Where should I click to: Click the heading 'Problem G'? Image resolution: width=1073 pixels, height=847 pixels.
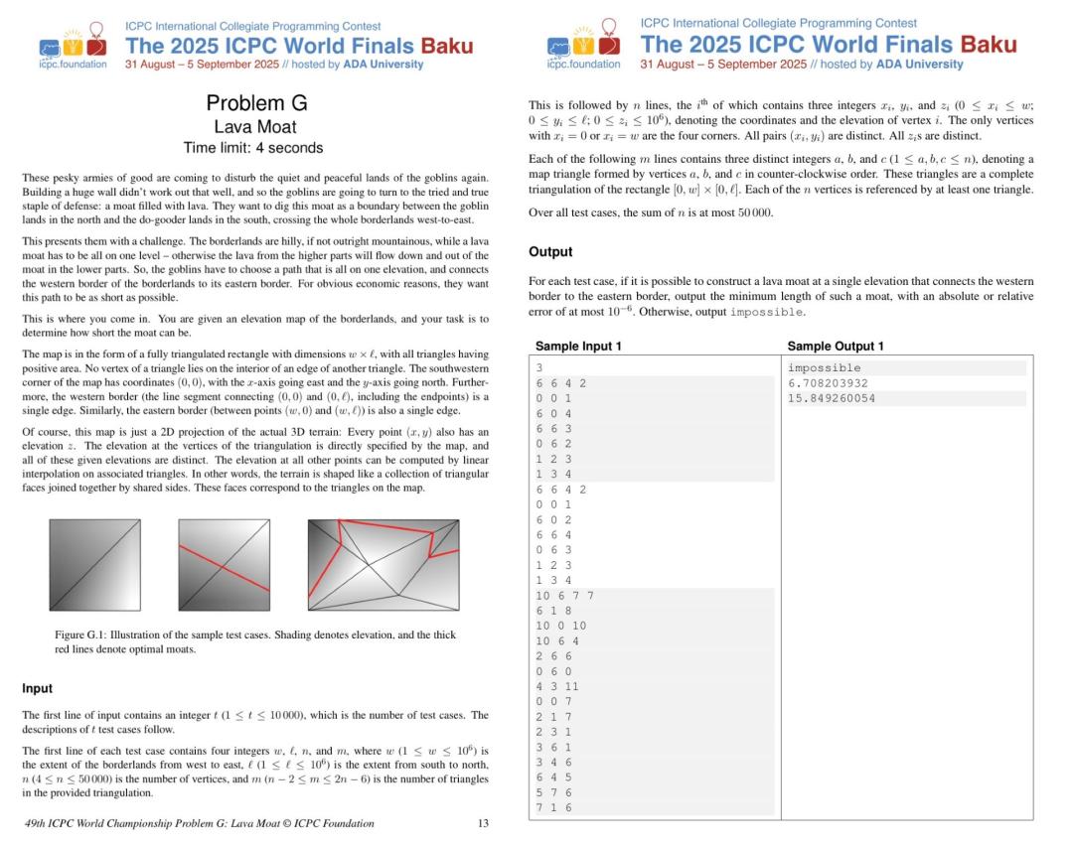tap(256, 103)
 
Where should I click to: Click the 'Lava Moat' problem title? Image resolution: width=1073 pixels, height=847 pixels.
tap(255, 126)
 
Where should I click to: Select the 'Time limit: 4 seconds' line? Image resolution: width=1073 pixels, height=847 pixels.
tap(253, 148)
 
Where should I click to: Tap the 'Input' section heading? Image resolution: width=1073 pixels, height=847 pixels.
tap(37, 688)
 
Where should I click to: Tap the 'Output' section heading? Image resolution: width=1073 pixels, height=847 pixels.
tap(550, 252)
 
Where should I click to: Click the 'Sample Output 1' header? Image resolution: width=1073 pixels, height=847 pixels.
tap(836, 347)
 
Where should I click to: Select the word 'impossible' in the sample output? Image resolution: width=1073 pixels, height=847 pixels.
tap(824, 368)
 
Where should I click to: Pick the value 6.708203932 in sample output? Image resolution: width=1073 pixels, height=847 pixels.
tap(828, 383)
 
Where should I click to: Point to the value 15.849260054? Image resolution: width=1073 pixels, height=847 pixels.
tap(832, 398)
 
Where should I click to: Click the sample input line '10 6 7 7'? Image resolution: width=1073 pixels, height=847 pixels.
tap(564, 596)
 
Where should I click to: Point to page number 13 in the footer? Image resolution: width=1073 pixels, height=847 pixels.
tap(483, 823)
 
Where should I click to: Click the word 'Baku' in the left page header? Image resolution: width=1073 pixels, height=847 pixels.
tap(447, 46)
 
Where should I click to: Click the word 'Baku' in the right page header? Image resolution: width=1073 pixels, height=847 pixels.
tap(990, 45)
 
